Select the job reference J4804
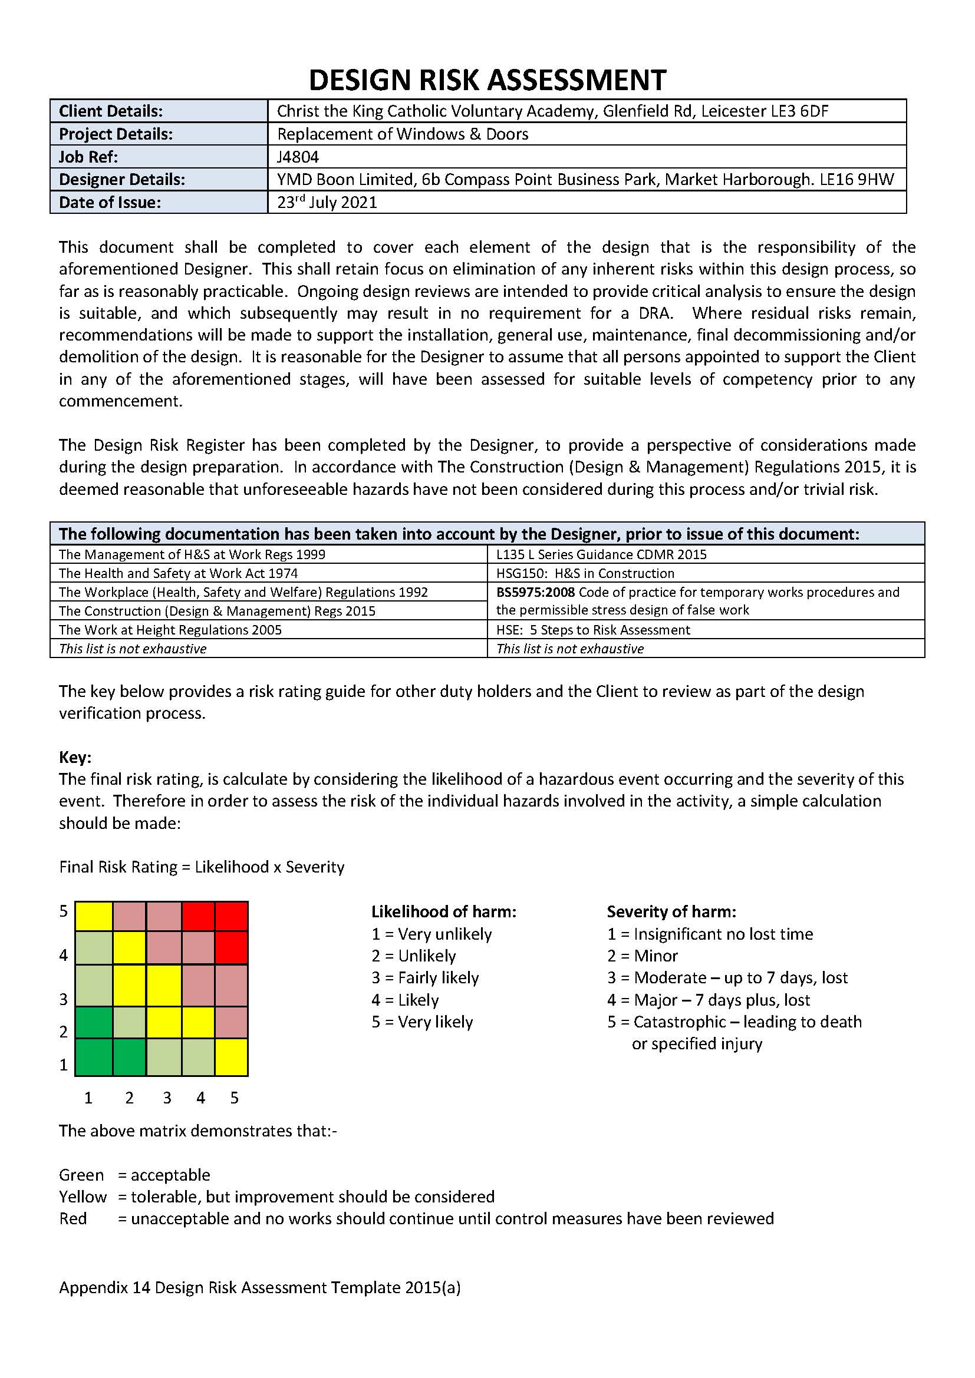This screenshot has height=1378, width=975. pos(298,157)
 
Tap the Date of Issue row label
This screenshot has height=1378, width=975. pos(110,202)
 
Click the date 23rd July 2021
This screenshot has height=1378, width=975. pos(327,202)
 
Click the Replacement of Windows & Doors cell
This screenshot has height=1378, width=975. pos(402,134)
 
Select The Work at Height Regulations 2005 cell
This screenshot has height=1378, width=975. pos(170,630)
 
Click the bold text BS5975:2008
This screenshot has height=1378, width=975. pos(535,592)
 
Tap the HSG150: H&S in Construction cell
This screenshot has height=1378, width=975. pos(585,573)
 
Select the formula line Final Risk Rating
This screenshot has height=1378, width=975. pos(202,867)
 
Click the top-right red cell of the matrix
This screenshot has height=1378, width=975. pos(231,916)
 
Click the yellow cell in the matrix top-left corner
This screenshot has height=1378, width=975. pos(93,916)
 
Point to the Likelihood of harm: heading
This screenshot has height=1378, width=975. pos(444,911)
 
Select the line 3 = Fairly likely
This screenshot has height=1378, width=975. pos(425,978)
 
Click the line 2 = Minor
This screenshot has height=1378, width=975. pos(642,956)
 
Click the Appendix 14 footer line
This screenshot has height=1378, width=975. pos(259,1287)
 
